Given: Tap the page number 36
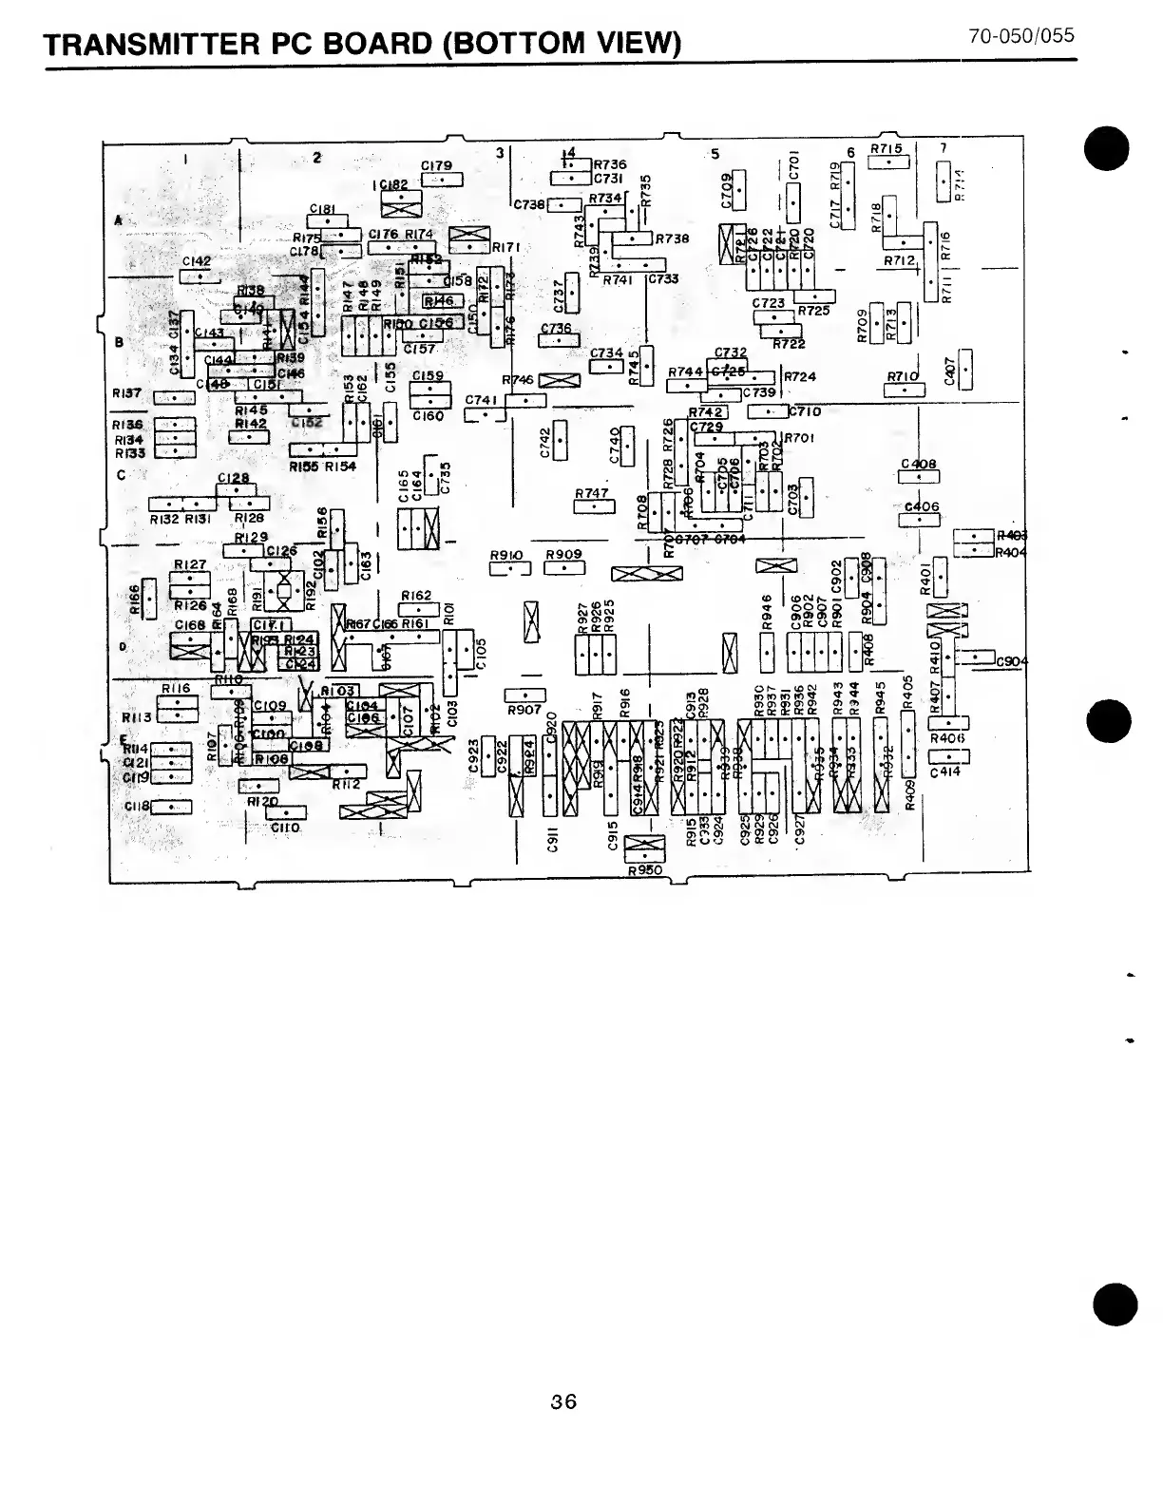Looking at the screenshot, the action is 563,1401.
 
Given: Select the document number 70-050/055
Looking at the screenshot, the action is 1021,36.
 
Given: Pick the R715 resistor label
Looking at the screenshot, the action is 885,149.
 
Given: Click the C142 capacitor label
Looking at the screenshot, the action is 197,260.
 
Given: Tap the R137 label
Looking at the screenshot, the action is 126,392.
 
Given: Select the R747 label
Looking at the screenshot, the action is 592,494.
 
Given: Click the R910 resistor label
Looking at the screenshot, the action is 506,555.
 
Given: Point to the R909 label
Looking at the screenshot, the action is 564,555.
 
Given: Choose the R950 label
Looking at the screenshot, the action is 645,869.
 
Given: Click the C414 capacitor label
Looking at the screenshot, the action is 945,772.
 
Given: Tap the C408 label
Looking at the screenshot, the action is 919,465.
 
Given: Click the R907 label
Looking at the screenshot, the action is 524,710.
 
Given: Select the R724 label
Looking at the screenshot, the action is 800,377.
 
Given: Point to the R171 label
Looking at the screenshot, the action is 504,247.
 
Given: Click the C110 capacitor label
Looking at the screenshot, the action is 285,828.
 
